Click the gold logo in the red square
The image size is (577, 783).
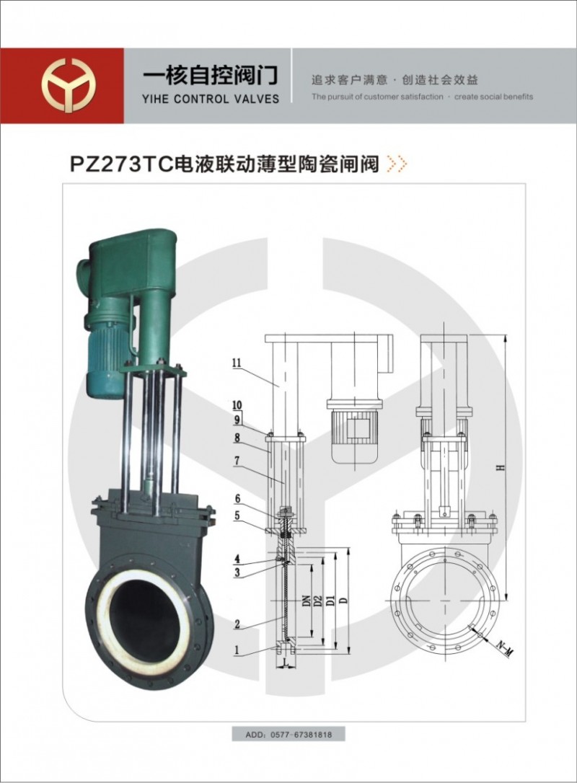click(x=69, y=85)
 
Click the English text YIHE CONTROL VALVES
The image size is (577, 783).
click(x=211, y=99)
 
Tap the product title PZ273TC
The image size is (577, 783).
click(x=121, y=164)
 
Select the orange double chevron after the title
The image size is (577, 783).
click(x=398, y=164)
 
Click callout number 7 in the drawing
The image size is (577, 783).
click(x=237, y=461)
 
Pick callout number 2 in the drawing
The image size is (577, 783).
click(x=237, y=624)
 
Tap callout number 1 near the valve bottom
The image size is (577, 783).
click(x=237, y=650)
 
